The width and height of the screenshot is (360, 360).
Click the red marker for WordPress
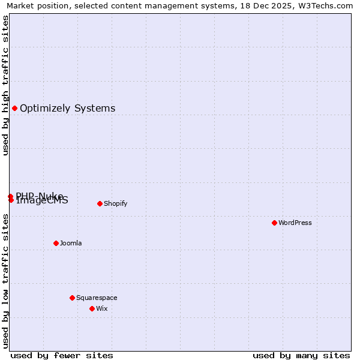click(274, 223)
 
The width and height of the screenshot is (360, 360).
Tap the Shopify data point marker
click(100, 203)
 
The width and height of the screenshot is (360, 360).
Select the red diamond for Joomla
click(56, 243)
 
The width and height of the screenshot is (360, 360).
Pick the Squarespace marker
click(72, 298)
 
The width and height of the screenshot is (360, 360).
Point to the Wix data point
click(92, 308)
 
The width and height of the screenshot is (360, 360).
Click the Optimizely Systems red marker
click(14, 108)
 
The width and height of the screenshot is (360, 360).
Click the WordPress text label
click(295, 223)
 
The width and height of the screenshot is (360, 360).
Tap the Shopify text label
click(116, 203)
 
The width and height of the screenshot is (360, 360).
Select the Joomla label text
click(71, 243)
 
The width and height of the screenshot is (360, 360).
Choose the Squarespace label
click(97, 298)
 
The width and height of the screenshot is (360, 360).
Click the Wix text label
click(101, 308)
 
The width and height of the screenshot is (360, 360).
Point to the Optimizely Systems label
click(68, 108)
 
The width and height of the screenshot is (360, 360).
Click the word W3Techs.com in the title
click(327, 6)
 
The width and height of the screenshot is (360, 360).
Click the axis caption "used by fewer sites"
click(62, 355)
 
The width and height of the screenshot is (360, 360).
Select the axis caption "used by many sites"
click(301, 355)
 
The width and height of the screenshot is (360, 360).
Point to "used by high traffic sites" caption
click(6, 85)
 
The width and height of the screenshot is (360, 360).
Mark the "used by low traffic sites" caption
click(6, 281)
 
